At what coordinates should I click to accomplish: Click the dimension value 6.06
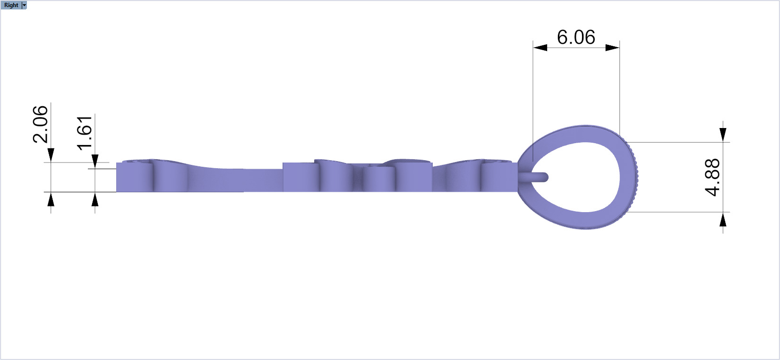coord(576,37)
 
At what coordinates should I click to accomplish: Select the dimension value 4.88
coord(712,177)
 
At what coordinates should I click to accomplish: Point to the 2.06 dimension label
coord(40,124)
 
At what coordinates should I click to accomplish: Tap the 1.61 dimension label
coord(84,133)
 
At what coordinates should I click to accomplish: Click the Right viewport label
coord(11,5)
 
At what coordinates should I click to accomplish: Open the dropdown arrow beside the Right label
coord(25,5)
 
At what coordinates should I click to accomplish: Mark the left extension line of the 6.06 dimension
coord(533,94)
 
